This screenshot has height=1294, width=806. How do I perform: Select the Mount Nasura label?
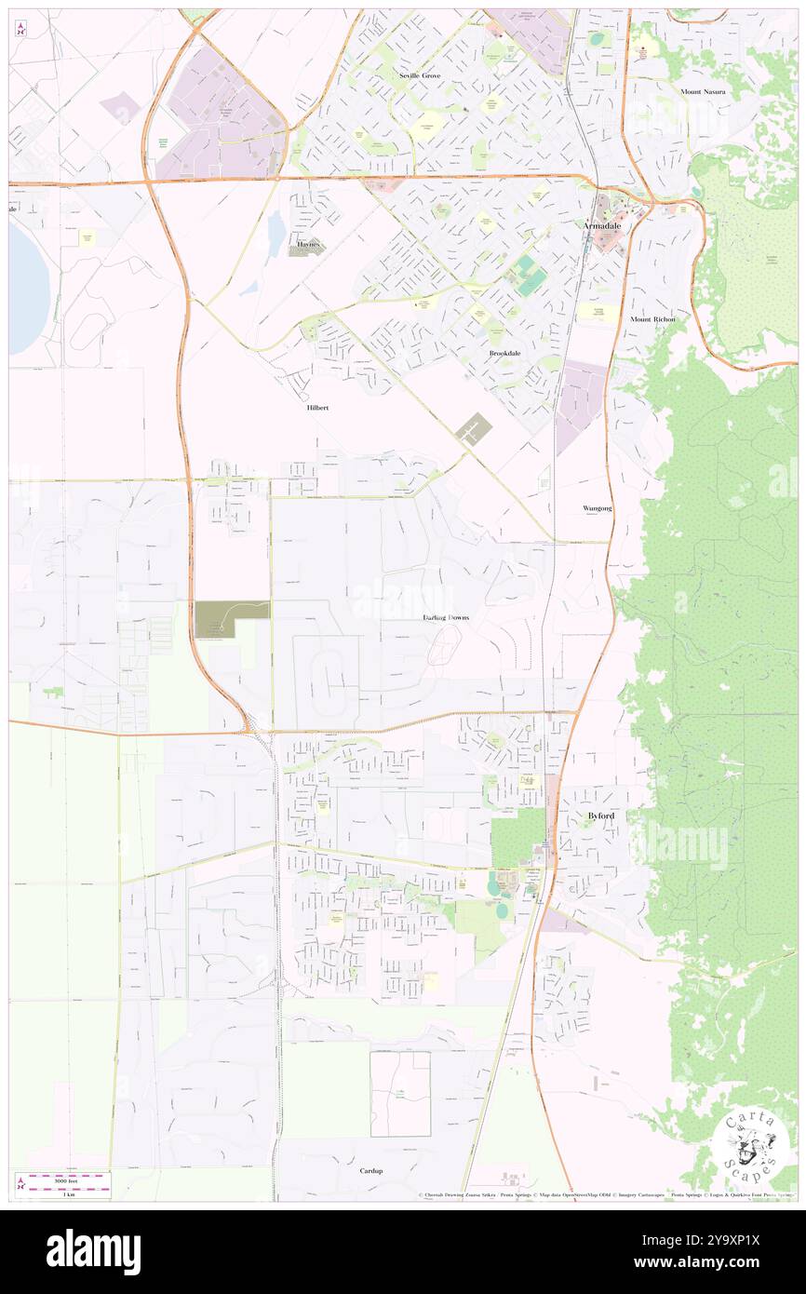tap(702, 91)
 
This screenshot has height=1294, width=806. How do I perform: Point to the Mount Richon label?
tap(652, 319)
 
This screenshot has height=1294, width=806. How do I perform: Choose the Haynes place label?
tap(308, 244)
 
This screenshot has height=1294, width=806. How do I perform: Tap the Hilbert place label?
tap(317, 408)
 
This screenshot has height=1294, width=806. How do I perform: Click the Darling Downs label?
tap(446, 617)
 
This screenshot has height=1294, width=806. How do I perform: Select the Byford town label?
tap(600, 815)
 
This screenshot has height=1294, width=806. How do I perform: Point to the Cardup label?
tap(371, 1170)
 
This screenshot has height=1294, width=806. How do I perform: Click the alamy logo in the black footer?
tap(93, 1250)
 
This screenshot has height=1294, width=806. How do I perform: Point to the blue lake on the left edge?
tap(25, 289)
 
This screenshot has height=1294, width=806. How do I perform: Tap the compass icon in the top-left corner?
tap(20, 28)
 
